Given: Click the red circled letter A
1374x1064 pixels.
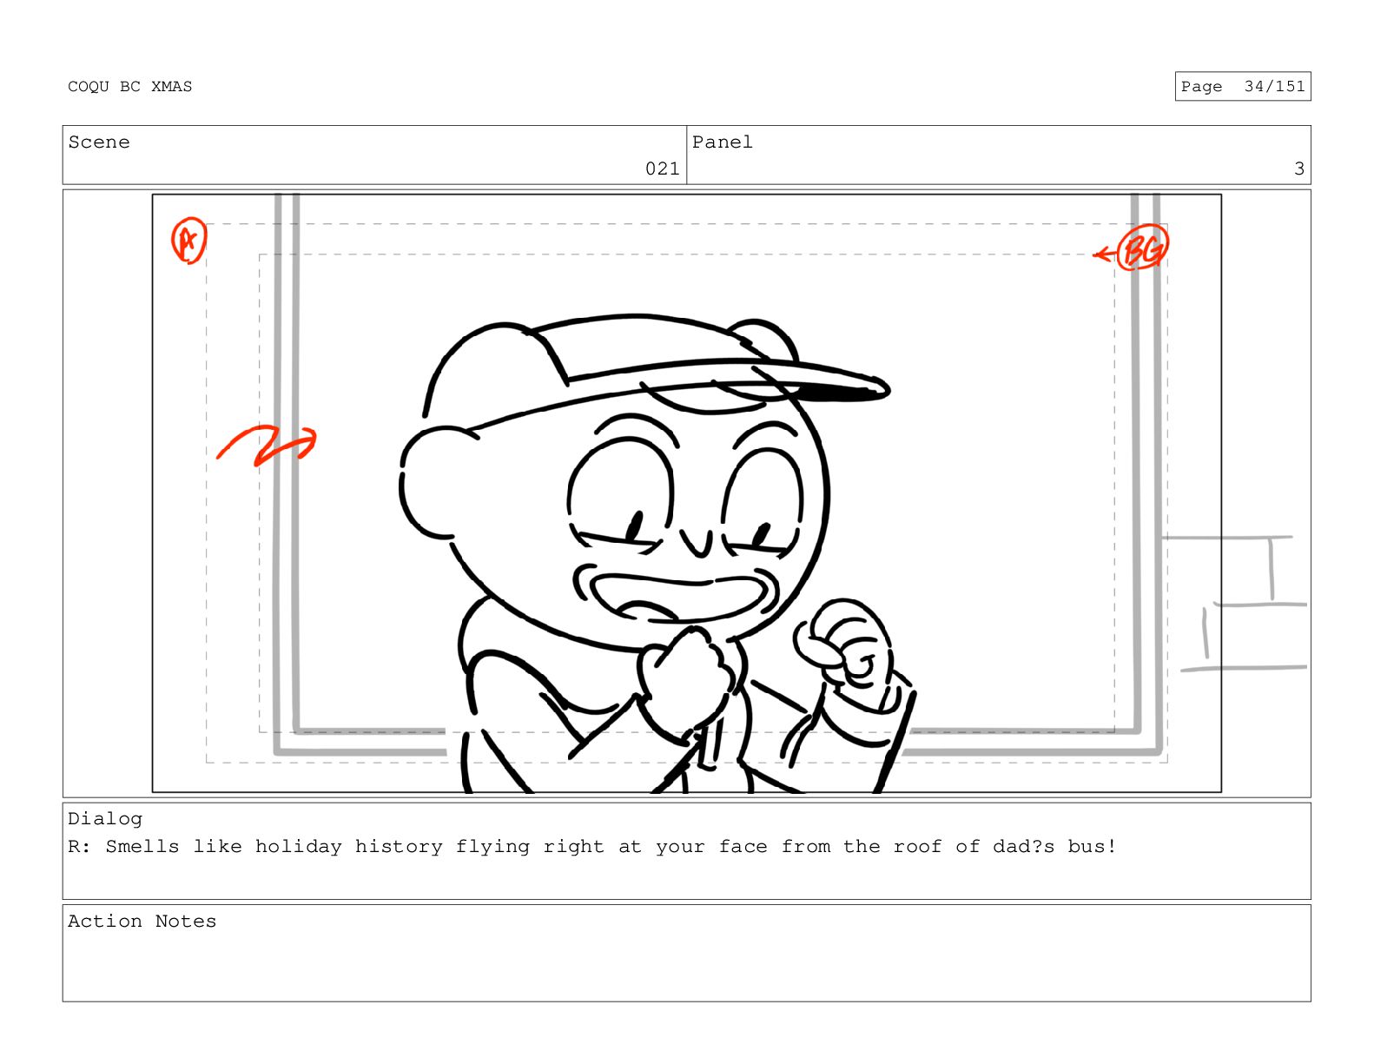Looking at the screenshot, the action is [189, 241].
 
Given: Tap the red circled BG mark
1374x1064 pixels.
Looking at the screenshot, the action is [1142, 248].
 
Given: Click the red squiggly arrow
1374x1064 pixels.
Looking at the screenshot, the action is [266, 445].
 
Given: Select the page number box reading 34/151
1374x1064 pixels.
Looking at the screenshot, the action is [1243, 86].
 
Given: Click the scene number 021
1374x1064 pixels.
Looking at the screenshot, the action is [662, 169].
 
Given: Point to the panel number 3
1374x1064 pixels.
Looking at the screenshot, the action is [1299, 169].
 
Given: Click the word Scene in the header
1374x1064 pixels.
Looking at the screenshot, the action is [99, 142].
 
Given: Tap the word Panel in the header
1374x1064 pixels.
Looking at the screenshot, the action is [723, 142].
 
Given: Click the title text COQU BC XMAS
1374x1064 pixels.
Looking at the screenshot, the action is [129, 87].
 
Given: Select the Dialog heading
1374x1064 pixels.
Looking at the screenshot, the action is [105, 819].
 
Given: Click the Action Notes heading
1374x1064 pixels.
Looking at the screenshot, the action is [142, 922].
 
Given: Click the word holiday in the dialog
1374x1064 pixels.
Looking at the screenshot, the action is [299, 847].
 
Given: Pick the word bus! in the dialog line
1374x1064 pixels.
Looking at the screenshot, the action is [1092, 847].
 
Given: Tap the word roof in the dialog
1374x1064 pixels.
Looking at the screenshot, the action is [917, 847].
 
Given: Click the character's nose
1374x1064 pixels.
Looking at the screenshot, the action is [697, 543].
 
